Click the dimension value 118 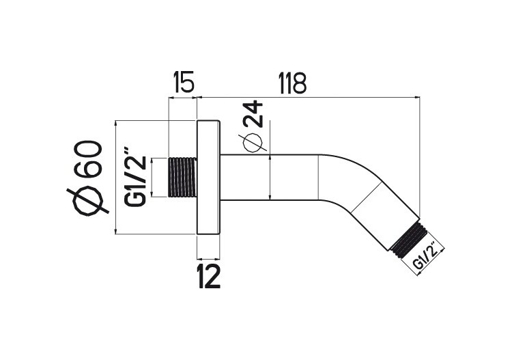point(292,83)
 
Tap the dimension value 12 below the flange point(208,277)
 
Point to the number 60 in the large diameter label point(90,158)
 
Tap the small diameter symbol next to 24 point(253,143)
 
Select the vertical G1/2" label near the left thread point(135,176)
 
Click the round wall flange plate point(208,178)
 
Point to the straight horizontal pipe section point(270,178)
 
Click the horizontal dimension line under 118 point(307,98)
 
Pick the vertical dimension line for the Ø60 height point(117,178)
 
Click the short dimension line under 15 point(182,98)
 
